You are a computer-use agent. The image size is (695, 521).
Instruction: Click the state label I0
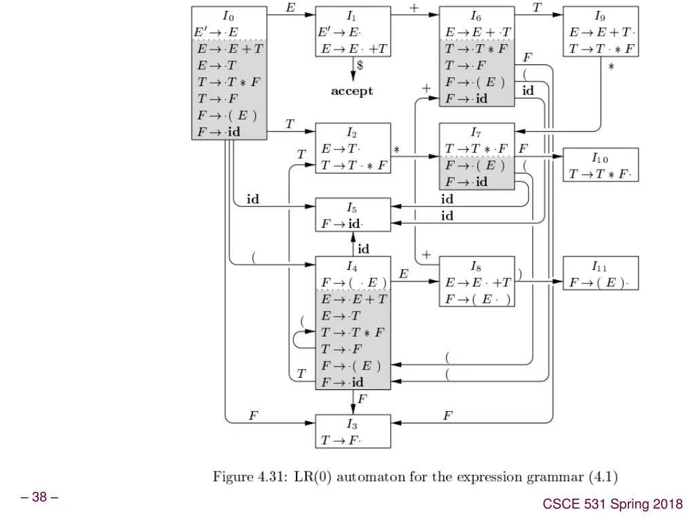(x=229, y=15)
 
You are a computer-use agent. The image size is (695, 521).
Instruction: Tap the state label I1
(x=352, y=15)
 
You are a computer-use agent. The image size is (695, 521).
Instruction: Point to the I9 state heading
(x=600, y=15)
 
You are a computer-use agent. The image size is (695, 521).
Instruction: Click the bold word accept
(x=352, y=91)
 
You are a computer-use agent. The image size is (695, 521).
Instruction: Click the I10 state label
(x=600, y=157)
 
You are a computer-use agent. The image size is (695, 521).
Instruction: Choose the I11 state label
(x=600, y=266)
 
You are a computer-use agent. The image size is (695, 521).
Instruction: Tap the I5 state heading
(x=352, y=208)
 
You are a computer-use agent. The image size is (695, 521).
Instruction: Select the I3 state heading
(x=352, y=424)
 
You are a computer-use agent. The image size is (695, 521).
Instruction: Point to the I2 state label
(x=352, y=132)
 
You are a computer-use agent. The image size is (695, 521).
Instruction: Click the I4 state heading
(x=352, y=266)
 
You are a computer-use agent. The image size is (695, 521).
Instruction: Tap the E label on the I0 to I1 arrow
(x=290, y=7)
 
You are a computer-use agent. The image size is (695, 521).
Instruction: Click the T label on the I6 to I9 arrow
(x=537, y=7)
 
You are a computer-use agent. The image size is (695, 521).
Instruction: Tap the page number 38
(x=39, y=497)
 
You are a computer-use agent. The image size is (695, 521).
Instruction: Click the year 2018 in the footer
(x=669, y=503)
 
